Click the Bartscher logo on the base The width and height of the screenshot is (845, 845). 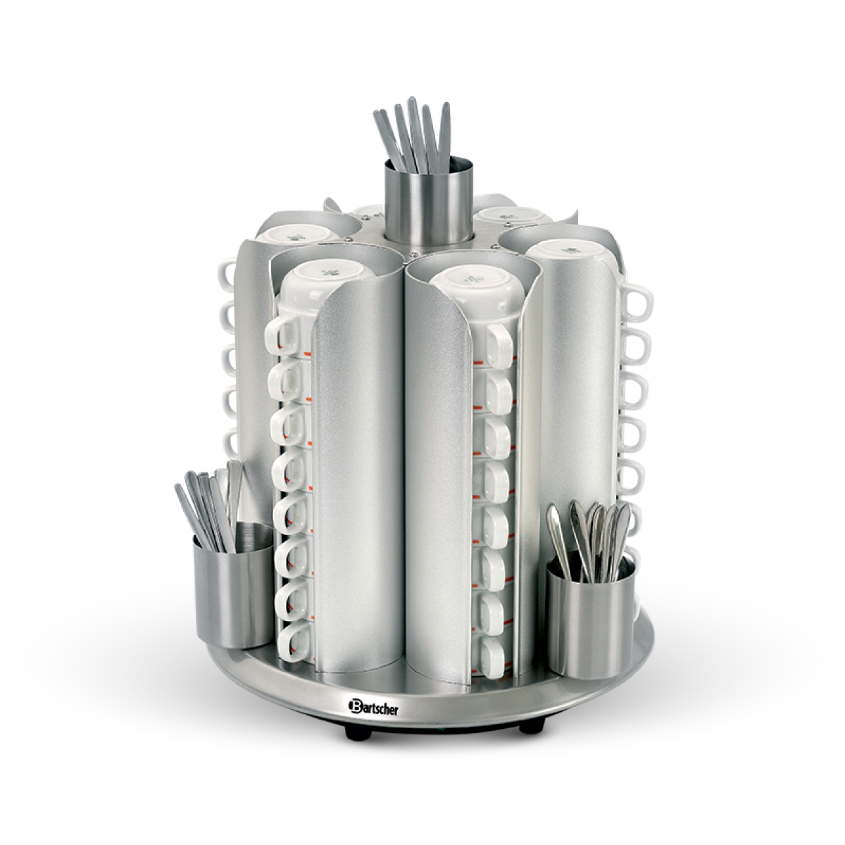pyautogui.click(x=374, y=706)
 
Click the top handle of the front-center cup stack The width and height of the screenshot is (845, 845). pyautogui.click(x=501, y=347)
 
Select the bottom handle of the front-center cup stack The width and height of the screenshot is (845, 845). pyautogui.click(x=494, y=655)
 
